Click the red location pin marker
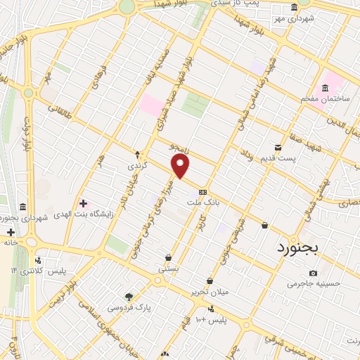pyautogui.click(x=181, y=166)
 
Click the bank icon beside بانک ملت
pyautogui.click(x=202, y=191)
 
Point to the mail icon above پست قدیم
pyautogui.click(x=278, y=147)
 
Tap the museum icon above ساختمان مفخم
pyautogui.click(x=324, y=88)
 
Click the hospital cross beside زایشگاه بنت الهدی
pyautogui.click(x=84, y=203)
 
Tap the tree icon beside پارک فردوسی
pyautogui.click(x=128, y=297)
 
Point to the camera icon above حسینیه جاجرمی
pyautogui.click(x=313, y=273)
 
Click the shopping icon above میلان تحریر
pyautogui.click(x=210, y=281)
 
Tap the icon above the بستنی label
pyautogui.click(x=168, y=257)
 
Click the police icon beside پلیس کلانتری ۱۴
pyautogui.click(x=39, y=260)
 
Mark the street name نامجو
pyautogui.click(x=181, y=146)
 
